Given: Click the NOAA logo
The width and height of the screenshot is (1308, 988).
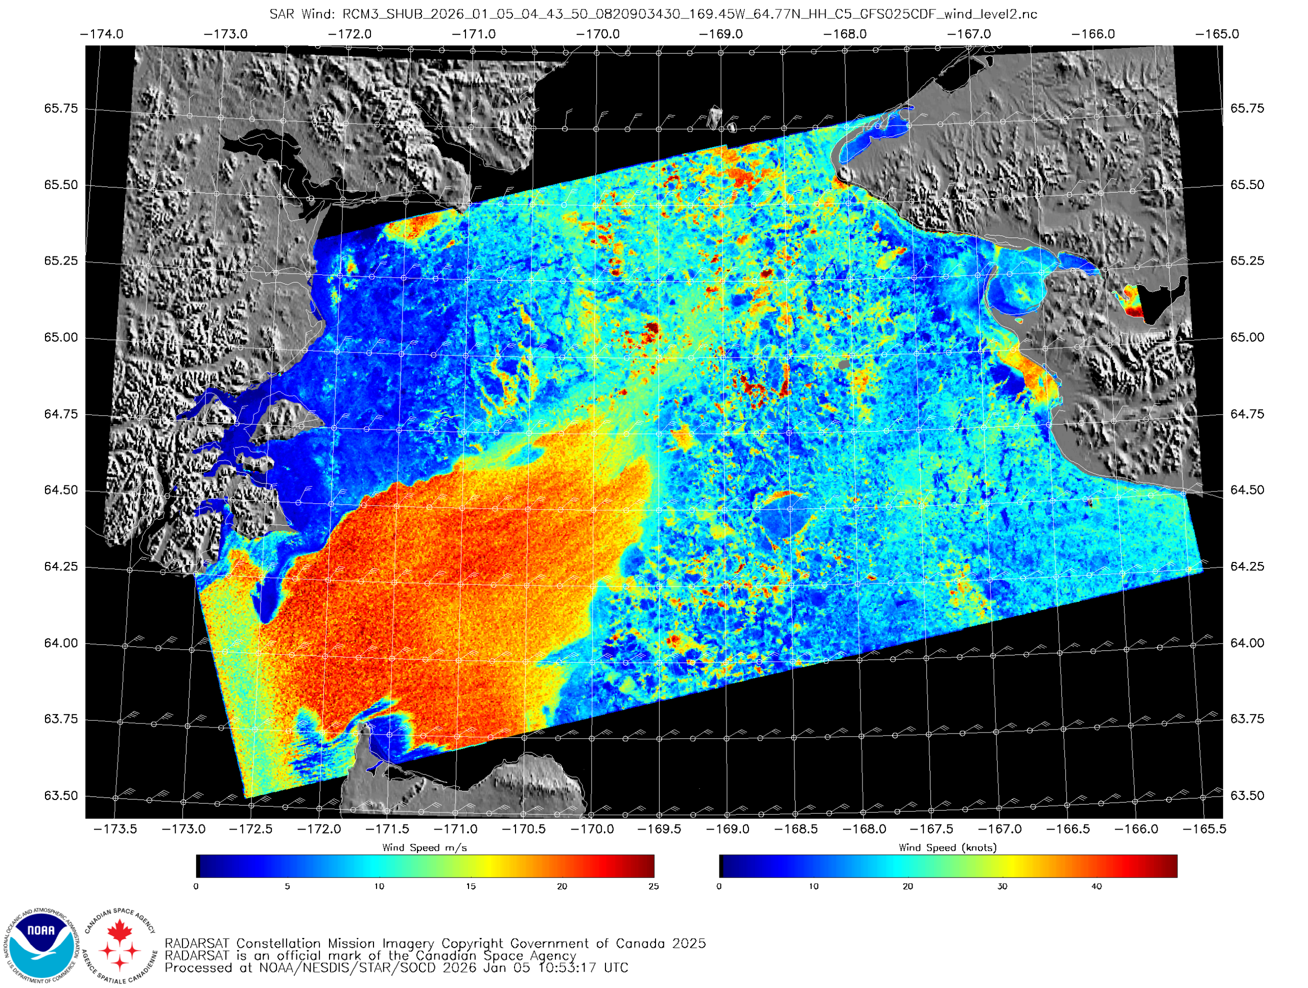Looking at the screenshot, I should tap(41, 944).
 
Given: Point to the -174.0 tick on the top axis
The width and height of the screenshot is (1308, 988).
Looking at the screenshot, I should tap(102, 34).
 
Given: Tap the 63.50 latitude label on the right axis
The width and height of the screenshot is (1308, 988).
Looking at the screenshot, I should tap(1247, 796).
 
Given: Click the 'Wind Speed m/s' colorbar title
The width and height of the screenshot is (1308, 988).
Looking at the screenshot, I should tap(425, 848).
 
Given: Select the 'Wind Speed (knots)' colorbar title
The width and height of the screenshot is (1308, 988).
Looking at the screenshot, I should tap(947, 848).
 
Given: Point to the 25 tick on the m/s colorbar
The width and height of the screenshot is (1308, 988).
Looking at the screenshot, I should tap(653, 886).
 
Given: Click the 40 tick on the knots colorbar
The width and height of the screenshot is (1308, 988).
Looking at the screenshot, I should tap(1096, 886).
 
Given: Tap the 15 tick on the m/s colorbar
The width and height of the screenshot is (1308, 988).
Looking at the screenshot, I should tap(470, 886).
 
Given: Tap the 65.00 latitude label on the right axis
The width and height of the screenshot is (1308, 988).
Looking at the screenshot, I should tap(1247, 338).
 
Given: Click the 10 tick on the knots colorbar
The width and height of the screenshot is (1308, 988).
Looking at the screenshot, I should tap(813, 886).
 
